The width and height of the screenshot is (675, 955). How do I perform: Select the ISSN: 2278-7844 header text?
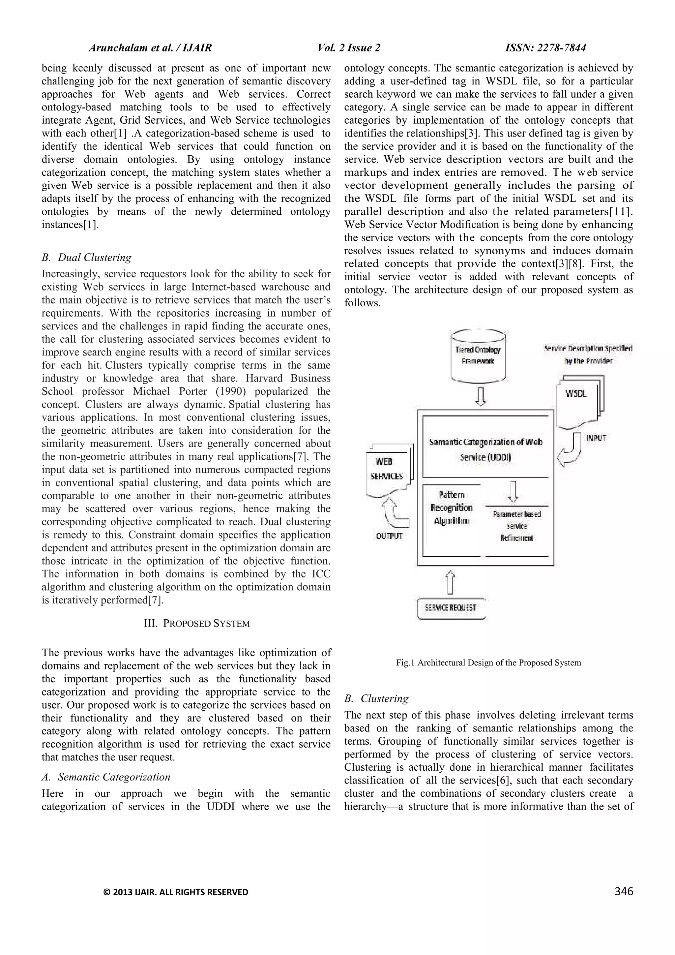(545, 48)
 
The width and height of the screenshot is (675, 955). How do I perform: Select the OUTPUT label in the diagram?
(390, 536)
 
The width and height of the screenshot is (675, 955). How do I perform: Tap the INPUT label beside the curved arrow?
(596, 438)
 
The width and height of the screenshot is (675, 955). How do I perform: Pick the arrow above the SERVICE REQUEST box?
(450, 582)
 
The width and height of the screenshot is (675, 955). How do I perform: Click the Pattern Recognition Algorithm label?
(452, 508)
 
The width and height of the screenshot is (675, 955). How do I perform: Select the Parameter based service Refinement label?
(517, 526)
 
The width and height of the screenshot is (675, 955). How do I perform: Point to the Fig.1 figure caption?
(488, 662)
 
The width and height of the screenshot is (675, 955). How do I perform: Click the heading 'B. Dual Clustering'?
(86, 258)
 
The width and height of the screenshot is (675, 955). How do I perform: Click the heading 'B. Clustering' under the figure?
(376, 698)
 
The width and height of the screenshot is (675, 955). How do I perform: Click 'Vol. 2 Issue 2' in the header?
(349, 48)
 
